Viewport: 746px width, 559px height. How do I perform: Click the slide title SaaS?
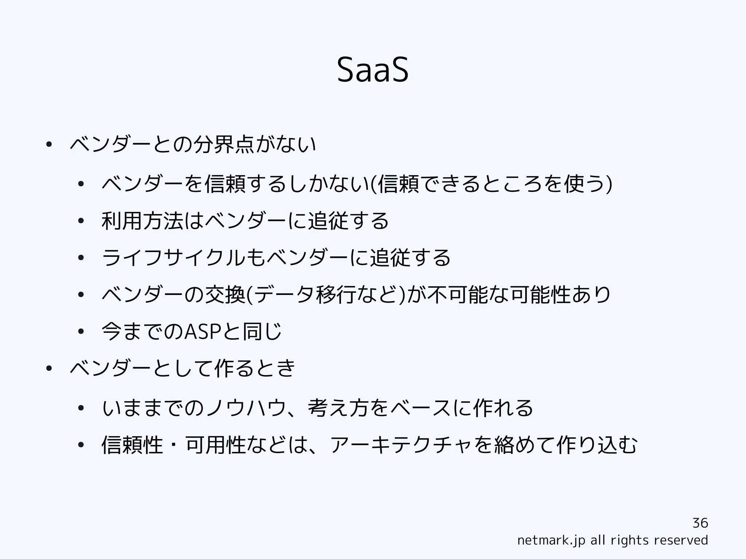click(373, 70)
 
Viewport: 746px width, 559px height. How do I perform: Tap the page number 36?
click(700, 523)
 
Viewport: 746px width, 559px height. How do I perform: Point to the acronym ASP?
click(203, 331)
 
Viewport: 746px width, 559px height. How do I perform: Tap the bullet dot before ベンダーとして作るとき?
click(48, 369)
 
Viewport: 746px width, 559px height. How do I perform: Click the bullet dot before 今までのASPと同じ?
click(81, 331)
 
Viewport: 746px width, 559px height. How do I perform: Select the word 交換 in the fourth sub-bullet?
click(225, 294)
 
